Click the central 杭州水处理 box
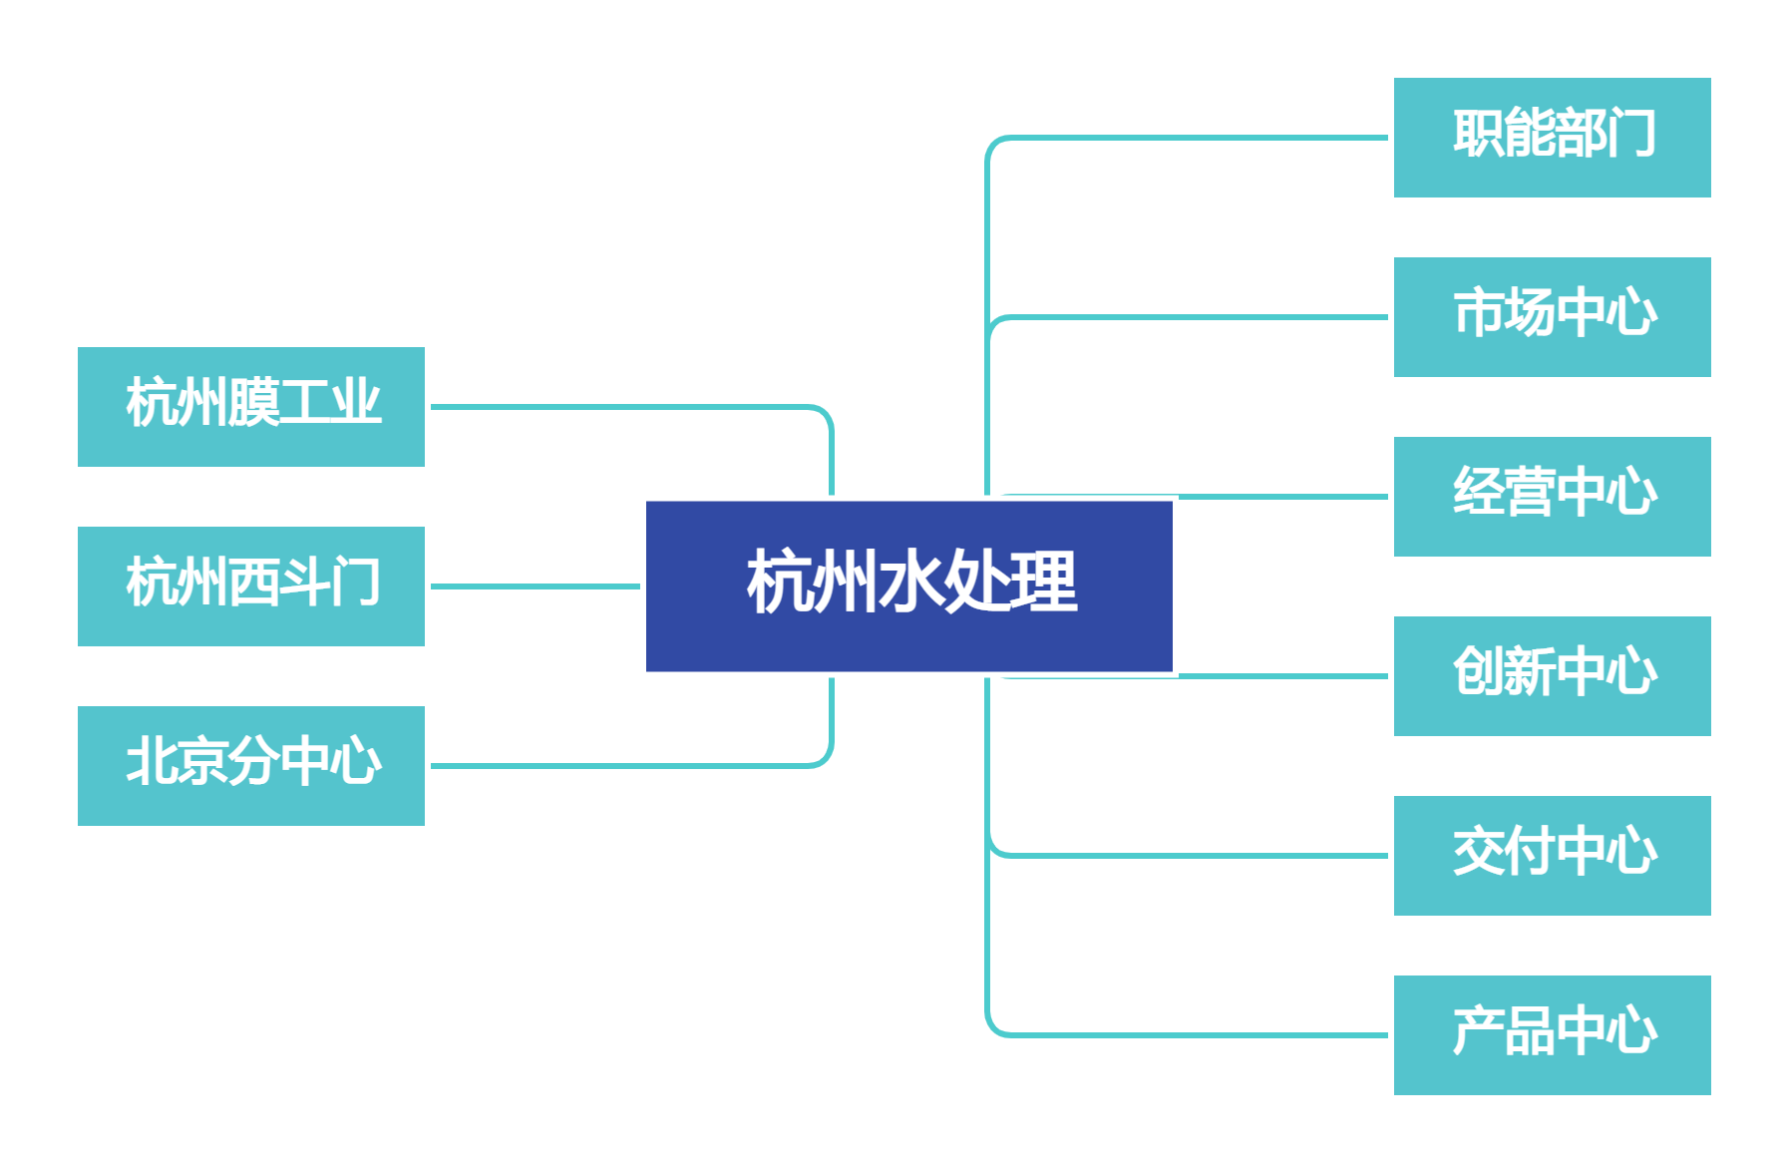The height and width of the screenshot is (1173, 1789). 908,586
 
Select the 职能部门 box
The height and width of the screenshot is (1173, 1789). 1552,138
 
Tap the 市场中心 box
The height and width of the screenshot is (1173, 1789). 1552,317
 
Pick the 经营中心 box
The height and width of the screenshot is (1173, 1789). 1552,497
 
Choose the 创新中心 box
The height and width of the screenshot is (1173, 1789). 1552,676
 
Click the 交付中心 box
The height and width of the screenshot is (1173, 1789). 1552,856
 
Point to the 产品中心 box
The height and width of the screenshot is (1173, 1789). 1552,1035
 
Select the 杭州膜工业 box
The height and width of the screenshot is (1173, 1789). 251,407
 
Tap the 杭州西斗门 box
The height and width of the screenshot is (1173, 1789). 251,586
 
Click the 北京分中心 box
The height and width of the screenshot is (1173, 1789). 251,766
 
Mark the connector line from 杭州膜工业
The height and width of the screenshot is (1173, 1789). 628,407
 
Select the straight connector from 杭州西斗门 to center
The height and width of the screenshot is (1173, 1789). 535,586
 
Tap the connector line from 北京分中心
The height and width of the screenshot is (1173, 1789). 628,766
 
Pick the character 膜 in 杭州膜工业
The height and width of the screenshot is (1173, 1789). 253,403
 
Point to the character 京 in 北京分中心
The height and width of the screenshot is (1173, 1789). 202,762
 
